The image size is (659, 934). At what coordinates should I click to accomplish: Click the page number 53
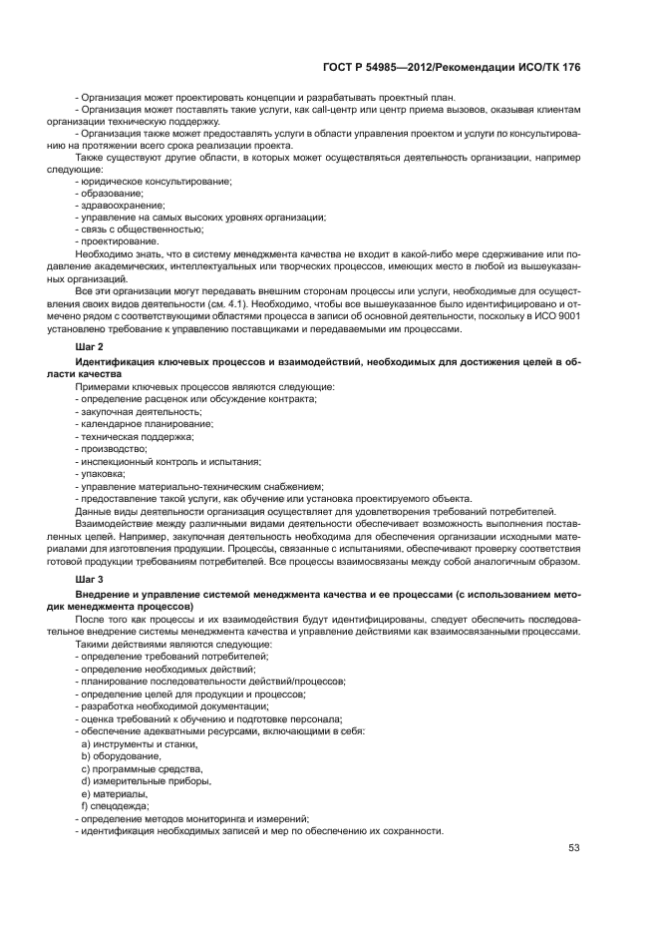(573, 848)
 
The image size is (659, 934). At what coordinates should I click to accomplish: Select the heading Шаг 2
(90, 345)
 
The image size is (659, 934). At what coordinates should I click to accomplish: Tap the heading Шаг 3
(90, 578)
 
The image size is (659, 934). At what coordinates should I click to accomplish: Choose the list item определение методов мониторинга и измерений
(194, 818)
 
